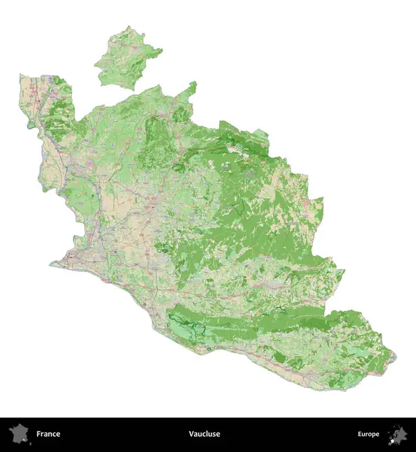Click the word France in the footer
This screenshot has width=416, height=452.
click(x=48, y=434)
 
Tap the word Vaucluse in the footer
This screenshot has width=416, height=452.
click(x=204, y=434)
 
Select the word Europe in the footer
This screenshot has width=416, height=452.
click(x=369, y=434)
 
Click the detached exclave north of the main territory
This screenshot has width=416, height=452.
click(x=127, y=59)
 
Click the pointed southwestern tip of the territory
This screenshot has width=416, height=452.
click(x=51, y=264)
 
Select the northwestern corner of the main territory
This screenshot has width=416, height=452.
click(x=21, y=75)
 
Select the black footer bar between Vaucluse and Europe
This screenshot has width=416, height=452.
click(x=286, y=434)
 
